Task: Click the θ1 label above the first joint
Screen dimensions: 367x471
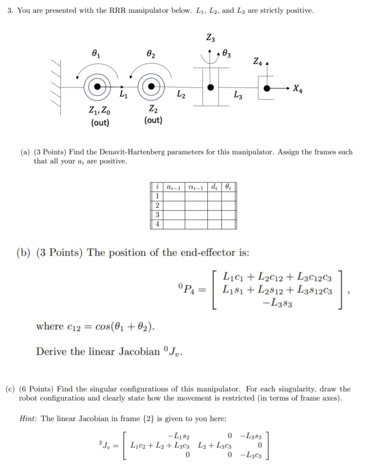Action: tap(96, 54)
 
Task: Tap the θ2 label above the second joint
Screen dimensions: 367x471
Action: tap(151, 54)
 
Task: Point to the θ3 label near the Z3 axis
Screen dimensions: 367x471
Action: tap(226, 54)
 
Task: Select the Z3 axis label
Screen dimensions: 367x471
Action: tap(211, 37)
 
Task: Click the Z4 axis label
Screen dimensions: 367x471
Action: tap(258, 61)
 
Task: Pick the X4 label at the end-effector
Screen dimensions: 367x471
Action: tap(298, 89)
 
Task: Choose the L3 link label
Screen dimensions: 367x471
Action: tap(238, 95)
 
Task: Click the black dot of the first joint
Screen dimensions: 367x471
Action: tap(98, 87)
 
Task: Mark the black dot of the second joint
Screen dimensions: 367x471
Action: tap(151, 86)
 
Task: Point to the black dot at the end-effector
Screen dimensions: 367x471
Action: tap(267, 88)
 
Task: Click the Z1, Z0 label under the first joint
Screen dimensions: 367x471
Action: tap(99, 110)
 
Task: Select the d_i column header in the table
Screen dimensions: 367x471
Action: tap(214, 187)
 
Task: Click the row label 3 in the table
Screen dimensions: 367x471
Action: tap(157, 215)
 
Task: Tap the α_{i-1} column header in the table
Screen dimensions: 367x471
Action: tap(196, 187)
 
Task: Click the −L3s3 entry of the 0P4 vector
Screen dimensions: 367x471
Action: tap(277, 303)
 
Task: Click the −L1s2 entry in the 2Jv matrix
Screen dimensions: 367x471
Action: tap(179, 436)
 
